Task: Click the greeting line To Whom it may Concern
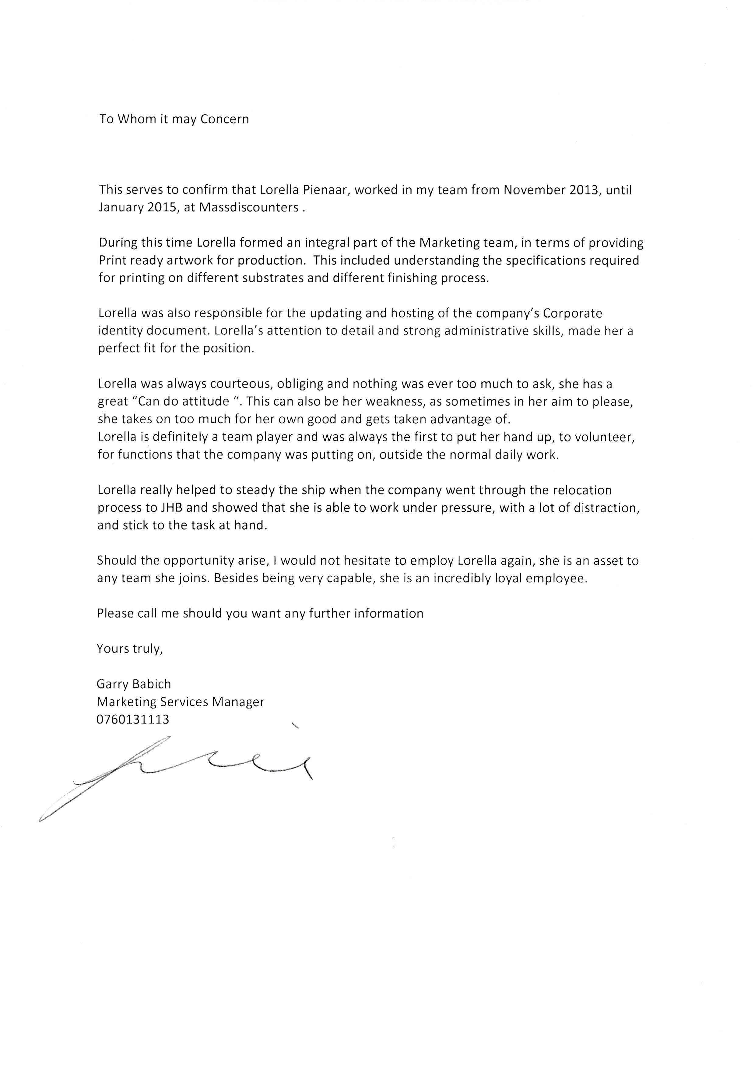[174, 120]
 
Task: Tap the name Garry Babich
[134, 684]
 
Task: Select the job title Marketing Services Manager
[181, 702]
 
